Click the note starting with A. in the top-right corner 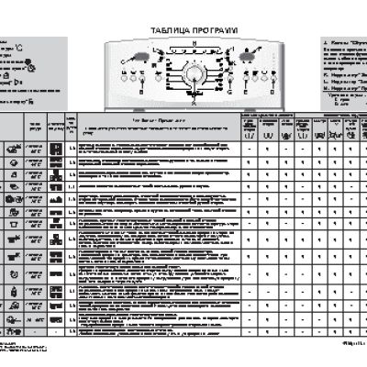343,43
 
